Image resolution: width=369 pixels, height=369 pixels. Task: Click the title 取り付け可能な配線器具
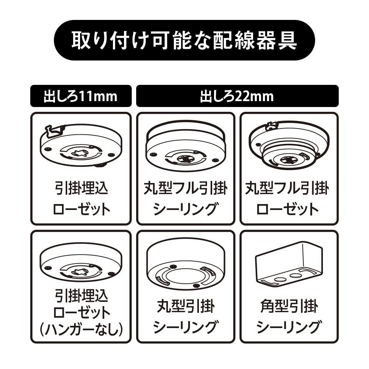(184, 40)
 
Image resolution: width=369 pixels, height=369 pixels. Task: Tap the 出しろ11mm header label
(80, 96)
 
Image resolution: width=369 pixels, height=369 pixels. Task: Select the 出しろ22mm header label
(237, 96)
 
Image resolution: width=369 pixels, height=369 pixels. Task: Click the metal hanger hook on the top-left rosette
(54, 130)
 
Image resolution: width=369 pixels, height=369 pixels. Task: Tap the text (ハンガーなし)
(81, 330)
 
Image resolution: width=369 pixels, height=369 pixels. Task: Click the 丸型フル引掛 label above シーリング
(185, 189)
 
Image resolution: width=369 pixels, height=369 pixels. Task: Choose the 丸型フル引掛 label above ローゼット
(287, 189)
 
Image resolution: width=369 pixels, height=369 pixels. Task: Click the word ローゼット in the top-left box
(81, 209)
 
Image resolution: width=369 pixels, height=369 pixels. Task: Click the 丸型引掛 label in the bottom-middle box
(185, 306)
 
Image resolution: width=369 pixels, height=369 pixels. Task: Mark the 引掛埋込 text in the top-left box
(81, 189)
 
